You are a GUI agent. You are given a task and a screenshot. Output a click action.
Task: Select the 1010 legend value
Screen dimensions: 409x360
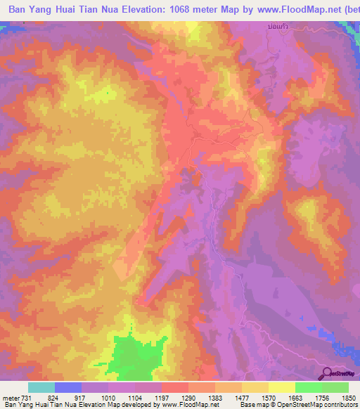point(108,397)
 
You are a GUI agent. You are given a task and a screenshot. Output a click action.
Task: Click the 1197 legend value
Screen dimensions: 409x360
point(162,397)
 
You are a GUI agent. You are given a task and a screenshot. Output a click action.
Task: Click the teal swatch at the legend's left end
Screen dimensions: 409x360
point(41,387)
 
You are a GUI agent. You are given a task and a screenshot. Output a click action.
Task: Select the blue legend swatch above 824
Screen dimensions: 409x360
point(68,387)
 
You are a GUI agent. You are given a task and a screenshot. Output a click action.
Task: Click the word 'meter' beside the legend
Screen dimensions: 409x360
point(9,397)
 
